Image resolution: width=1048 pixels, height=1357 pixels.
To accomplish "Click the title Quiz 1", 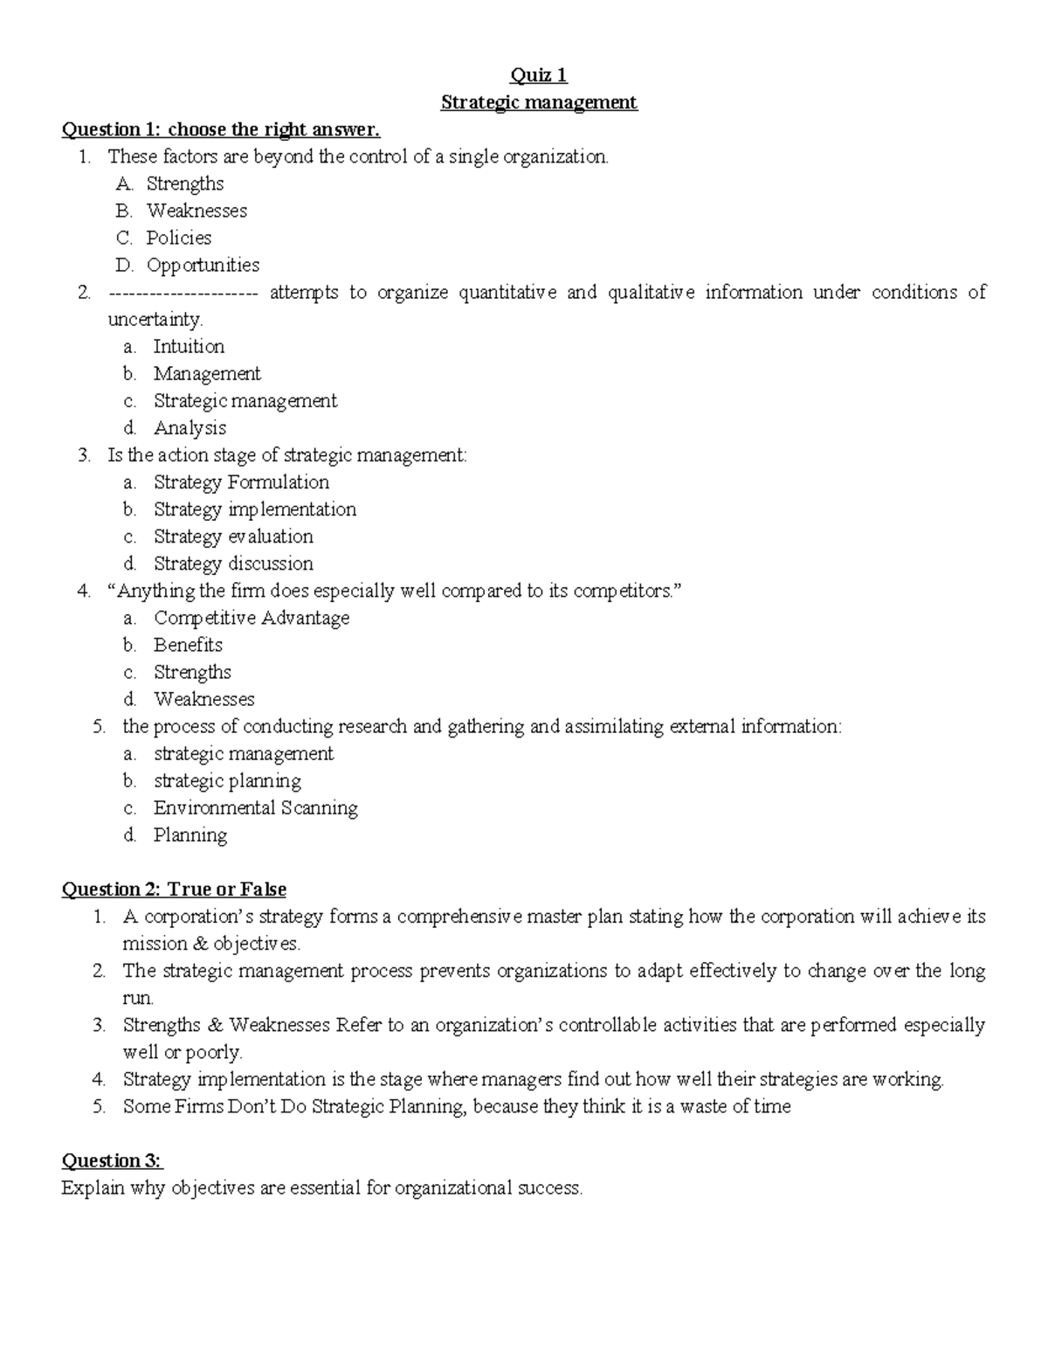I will click(x=539, y=75).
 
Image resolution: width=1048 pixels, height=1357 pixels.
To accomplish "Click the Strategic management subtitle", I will click(x=539, y=102).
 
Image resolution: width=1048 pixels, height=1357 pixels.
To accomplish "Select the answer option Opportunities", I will click(x=203, y=265).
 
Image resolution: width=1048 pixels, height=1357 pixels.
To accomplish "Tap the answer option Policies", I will click(x=178, y=238).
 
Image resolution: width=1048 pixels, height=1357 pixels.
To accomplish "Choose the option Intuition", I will click(x=189, y=346).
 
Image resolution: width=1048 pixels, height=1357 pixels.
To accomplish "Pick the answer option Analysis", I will click(x=190, y=427).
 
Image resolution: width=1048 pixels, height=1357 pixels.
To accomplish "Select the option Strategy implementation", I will click(x=255, y=509).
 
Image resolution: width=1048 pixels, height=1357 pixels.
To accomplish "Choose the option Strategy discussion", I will click(x=233, y=563).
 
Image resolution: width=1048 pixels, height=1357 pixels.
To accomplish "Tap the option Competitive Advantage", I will click(x=252, y=618).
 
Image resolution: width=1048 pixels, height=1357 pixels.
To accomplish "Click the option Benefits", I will click(x=188, y=645).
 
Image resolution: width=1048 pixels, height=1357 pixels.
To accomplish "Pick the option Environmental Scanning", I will click(x=255, y=807).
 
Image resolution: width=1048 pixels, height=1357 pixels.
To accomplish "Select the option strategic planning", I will click(x=227, y=780).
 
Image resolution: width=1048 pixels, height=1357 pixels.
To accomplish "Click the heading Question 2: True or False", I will click(x=174, y=890).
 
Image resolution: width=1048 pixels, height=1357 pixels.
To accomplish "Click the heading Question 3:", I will click(x=112, y=1160).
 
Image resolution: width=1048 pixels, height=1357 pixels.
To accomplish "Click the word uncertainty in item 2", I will click(x=155, y=320).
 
